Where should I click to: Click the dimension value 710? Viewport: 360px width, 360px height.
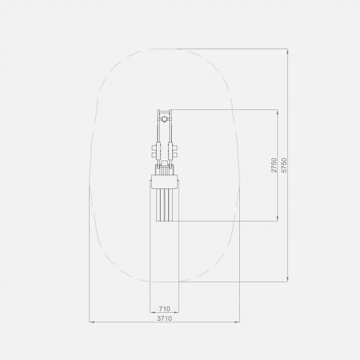coord(164,309)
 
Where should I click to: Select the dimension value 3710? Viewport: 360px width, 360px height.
coord(164,319)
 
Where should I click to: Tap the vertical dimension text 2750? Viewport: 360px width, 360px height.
coord(274,165)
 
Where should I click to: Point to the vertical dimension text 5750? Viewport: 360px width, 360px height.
coord(284,165)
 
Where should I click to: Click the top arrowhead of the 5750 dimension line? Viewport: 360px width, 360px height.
coord(288,51)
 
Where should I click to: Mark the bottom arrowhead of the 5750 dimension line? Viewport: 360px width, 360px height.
coord(288,279)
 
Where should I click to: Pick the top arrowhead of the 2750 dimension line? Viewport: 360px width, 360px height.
coord(278,112)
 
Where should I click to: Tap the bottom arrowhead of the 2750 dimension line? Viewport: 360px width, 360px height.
coord(278,218)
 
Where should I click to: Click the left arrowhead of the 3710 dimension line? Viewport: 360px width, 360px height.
coord(92,322)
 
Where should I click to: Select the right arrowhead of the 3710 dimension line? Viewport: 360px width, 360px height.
coord(237,322)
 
